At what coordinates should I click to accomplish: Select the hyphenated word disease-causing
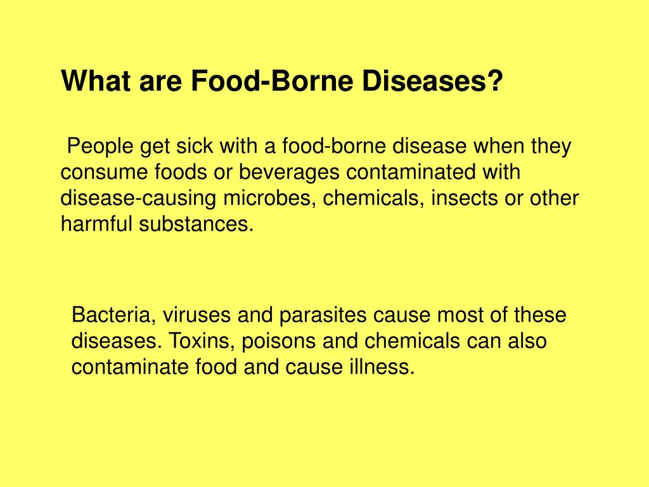[139, 198]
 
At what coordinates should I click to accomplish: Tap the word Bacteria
[114, 315]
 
